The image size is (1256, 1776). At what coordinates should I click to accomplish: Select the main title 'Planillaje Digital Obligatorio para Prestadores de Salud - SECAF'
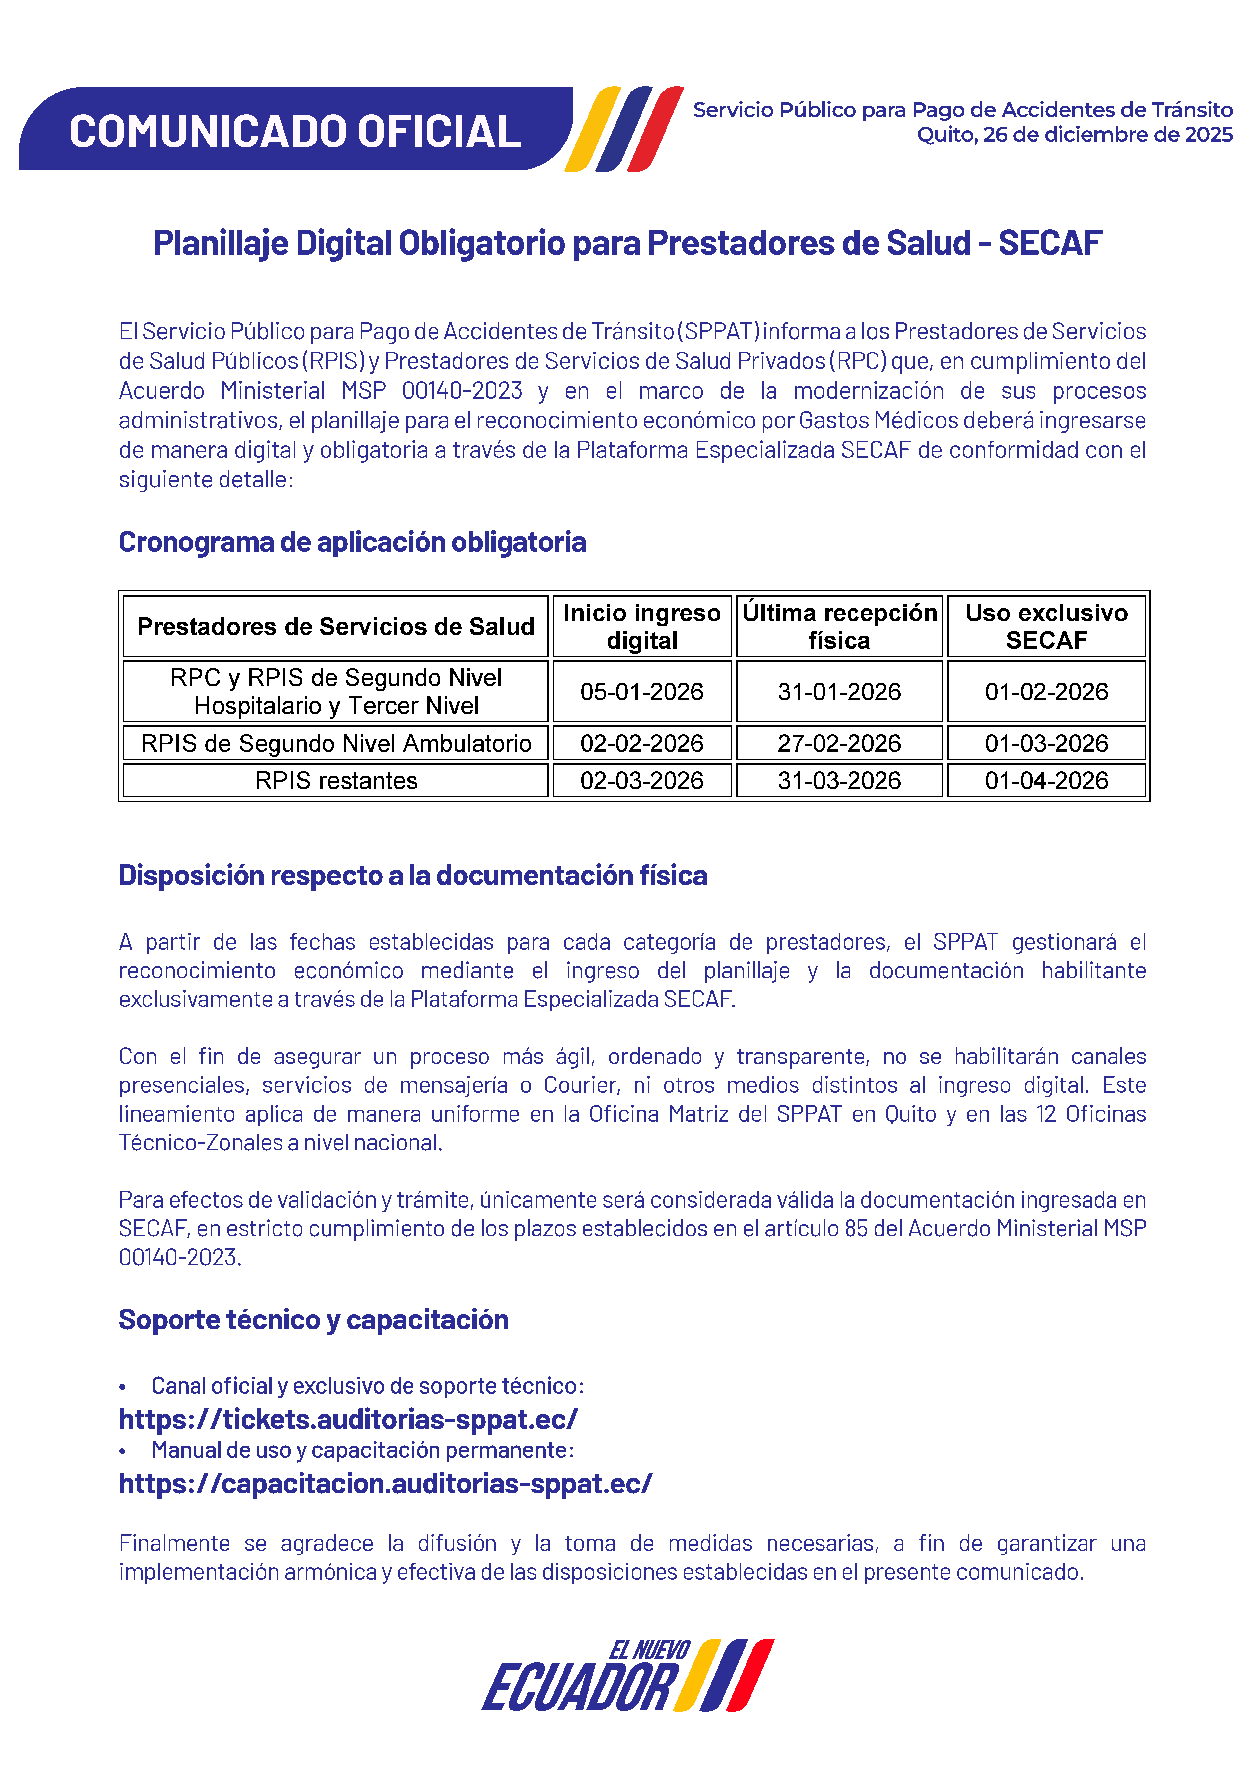(x=627, y=243)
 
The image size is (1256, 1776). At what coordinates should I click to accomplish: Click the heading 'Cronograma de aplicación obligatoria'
(x=352, y=542)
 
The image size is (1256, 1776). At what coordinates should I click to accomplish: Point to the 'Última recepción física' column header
(x=839, y=627)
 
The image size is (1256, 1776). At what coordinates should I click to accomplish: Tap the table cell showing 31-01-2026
(x=839, y=692)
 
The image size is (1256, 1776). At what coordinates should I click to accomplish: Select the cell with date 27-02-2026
(x=839, y=744)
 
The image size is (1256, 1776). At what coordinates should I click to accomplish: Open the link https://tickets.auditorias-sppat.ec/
(x=348, y=1420)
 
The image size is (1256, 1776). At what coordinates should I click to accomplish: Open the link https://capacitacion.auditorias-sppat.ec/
(x=385, y=1484)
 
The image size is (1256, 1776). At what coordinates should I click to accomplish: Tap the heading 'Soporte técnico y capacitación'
(x=313, y=1319)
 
